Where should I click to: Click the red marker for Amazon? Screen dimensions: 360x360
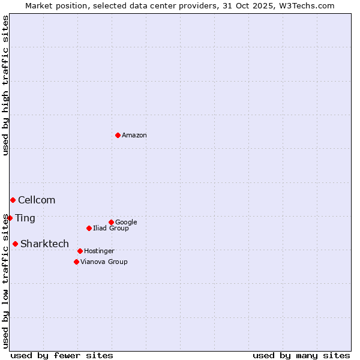[118, 135]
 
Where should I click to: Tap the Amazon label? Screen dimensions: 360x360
[134, 136]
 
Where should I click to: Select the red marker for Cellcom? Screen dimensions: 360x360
[13, 200]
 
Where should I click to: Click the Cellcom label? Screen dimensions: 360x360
[37, 200]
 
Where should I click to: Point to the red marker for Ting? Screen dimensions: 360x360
[10, 218]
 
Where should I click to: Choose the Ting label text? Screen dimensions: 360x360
[25, 218]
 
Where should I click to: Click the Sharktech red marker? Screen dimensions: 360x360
[15, 244]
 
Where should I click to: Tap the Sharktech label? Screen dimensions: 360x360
[44, 244]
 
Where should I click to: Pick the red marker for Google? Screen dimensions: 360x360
[111, 222]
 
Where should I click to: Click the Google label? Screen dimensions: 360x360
[126, 223]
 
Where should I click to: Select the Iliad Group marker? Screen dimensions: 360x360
[89, 228]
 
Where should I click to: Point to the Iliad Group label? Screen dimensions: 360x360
[110, 229]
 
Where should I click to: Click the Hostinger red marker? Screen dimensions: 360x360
[80, 251]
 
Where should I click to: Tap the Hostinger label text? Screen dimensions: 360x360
[99, 251]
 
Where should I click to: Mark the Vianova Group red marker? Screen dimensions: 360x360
[76, 262]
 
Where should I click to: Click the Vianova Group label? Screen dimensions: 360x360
[104, 262]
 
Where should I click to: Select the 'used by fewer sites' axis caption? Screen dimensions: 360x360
[62, 355]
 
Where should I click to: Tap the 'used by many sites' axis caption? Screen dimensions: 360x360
[301, 355]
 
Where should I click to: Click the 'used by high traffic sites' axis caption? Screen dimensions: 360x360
[5, 86]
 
